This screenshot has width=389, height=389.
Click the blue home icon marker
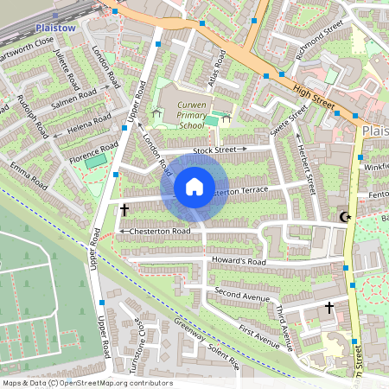coord(194,186)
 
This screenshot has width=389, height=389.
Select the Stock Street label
coord(215,150)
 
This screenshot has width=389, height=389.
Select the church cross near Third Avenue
coord(328,307)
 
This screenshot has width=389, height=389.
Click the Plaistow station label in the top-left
coord(59,28)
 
